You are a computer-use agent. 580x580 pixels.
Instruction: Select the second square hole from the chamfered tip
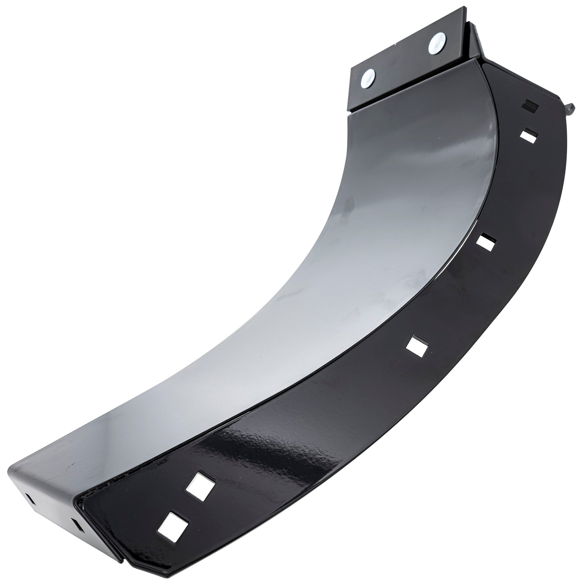(x=200, y=484)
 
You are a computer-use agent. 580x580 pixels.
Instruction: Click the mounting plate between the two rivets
(x=402, y=61)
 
